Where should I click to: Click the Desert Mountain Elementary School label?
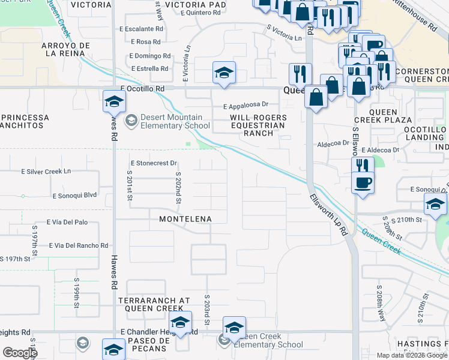[175, 121]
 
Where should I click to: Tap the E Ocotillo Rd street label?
[142, 88]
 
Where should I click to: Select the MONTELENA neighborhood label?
[185, 219]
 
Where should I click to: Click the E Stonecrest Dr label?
[154, 163]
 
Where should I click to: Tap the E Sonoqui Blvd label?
[74, 196]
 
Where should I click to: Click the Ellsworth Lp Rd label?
[329, 214]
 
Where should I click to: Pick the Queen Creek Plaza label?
[392, 116]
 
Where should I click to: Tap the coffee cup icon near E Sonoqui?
[363, 182]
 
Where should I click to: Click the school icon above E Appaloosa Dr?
[223, 74]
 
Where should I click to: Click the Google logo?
[20, 353]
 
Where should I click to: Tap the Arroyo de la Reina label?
[66, 50]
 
